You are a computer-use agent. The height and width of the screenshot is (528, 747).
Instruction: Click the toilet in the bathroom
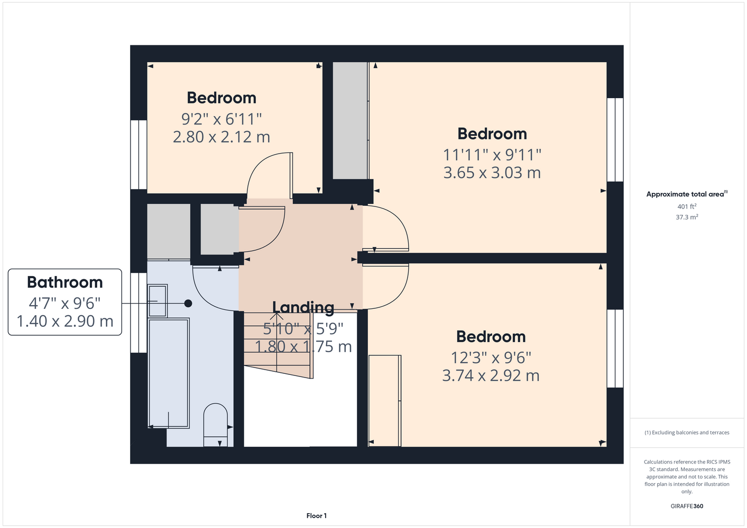coord(215,425)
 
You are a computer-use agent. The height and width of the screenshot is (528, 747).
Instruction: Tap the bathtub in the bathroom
coord(169,373)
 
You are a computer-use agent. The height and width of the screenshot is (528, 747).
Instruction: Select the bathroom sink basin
coord(158,301)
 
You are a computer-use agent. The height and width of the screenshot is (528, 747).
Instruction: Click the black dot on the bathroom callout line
coord(188,303)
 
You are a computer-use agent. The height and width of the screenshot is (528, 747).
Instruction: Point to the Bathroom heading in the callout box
coord(64,282)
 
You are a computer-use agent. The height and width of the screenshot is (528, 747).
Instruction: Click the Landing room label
coord(303,307)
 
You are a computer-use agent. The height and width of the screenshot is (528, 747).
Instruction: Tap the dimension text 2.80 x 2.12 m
coord(222,137)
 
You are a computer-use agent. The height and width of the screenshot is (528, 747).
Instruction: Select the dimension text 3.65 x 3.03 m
coord(492,173)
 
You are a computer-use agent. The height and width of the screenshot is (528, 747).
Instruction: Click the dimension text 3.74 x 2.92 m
coord(491,375)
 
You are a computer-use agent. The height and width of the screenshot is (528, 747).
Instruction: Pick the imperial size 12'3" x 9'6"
coord(491,358)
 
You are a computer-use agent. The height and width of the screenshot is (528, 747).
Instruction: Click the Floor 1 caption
coord(317,516)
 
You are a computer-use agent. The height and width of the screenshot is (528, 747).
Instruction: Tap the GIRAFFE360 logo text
coord(687,506)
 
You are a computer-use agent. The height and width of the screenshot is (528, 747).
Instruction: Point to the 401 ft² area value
coord(687,206)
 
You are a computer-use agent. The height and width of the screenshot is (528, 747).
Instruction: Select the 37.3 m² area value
coord(687,217)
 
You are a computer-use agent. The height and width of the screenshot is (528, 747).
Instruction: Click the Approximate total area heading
coord(687,194)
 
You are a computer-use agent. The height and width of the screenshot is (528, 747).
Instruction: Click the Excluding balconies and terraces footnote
coord(687,432)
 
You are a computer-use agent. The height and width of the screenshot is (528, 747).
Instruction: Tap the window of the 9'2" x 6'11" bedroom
coord(139,155)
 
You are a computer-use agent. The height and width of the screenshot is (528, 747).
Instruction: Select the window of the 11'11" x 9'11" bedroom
coord(615,139)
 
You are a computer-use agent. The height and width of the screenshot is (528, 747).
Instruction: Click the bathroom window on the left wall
coord(139,313)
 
